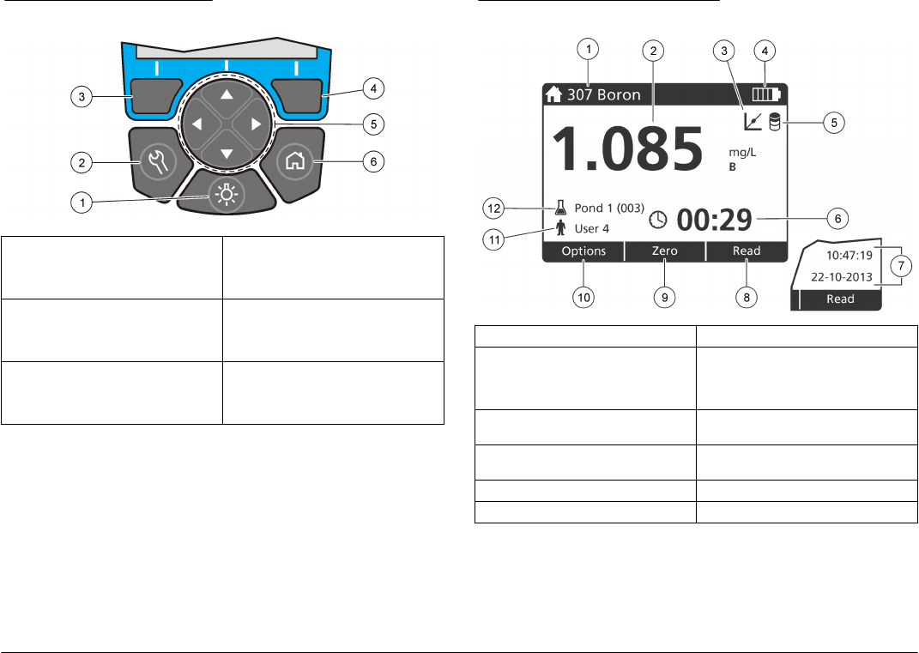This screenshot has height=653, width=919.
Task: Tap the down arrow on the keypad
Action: [227, 154]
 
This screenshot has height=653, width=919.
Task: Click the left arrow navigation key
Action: [197, 124]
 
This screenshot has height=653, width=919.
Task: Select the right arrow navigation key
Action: [256, 124]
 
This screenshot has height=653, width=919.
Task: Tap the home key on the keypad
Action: [295, 161]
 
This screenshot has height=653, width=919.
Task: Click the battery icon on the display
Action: [766, 94]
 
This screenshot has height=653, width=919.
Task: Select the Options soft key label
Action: [583, 251]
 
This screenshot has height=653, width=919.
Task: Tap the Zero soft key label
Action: [665, 251]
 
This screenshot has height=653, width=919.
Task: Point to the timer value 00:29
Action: [715, 220]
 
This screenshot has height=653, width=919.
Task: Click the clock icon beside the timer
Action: [658, 219]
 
